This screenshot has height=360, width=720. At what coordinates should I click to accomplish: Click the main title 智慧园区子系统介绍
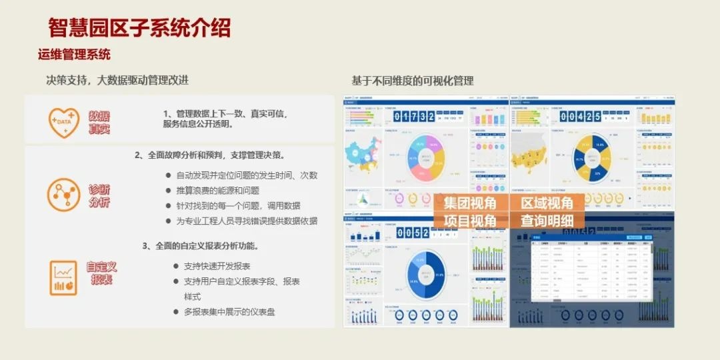139,28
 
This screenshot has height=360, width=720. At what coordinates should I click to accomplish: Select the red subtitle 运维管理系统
74,55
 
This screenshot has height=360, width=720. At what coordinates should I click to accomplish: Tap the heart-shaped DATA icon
64,121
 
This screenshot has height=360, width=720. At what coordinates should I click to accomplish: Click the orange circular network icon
64,195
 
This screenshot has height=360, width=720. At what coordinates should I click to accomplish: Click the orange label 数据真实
99,123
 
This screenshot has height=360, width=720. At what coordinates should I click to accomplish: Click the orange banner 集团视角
470,203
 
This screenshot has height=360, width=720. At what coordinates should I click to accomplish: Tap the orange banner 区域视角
547,203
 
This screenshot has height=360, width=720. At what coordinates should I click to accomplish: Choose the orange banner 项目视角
470,221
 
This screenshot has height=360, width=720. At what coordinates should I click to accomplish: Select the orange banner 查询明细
547,221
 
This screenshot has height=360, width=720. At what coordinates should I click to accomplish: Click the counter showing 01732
414,117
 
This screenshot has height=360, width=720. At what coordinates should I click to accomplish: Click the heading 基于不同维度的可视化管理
413,81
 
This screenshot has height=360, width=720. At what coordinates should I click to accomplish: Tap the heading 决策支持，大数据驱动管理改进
117,80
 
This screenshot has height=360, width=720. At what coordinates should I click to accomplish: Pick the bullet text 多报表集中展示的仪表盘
229,311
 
